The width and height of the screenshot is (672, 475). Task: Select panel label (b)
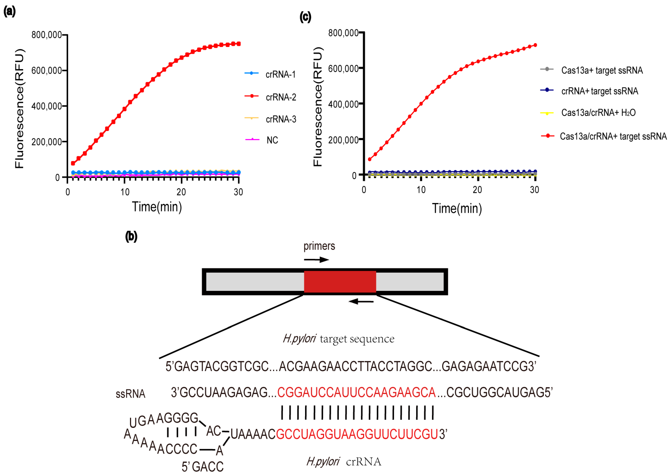(x=131, y=236)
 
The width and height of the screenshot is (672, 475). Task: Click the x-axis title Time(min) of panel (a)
(x=157, y=207)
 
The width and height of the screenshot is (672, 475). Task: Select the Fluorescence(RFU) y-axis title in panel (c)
(x=318, y=107)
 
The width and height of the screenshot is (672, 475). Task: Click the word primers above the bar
(x=319, y=246)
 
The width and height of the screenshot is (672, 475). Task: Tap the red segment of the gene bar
(x=340, y=281)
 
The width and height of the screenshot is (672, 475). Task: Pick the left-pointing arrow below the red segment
(x=361, y=301)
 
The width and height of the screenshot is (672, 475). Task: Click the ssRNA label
(x=131, y=394)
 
